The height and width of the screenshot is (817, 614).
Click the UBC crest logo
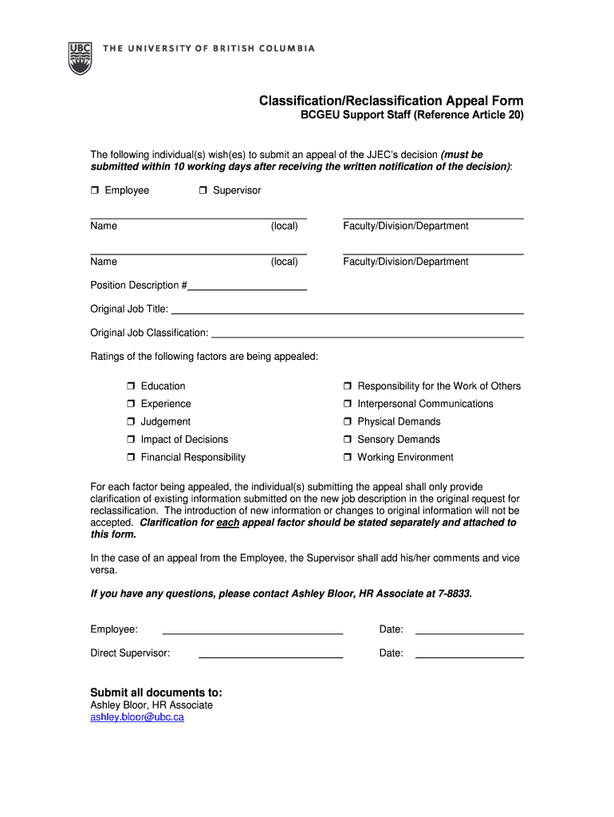click(x=80, y=57)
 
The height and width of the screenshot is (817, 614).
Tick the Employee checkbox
click(x=94, y=191)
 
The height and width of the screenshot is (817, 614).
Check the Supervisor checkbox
click(x=203, y=191)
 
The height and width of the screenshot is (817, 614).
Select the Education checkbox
click(x=131, y=386)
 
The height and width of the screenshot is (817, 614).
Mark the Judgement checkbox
click(x=131, y=422)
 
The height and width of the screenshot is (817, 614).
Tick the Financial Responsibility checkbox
click(x=131, y=458)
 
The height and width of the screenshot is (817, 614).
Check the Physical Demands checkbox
click(x=348, y=422)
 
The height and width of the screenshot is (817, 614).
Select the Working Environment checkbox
click(x=348, y=458)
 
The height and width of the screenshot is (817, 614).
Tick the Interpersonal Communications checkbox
click(x=348, y=405)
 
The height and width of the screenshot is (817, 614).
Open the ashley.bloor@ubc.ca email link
click(x=137, y=717)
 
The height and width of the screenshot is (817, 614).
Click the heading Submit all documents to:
click(x=156, y=692)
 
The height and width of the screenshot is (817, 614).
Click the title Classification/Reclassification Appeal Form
click(x=391, y=101)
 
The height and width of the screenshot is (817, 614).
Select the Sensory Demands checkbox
click(x=348, y=440)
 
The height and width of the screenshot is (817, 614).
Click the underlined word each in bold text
click(x=228, y=523)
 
